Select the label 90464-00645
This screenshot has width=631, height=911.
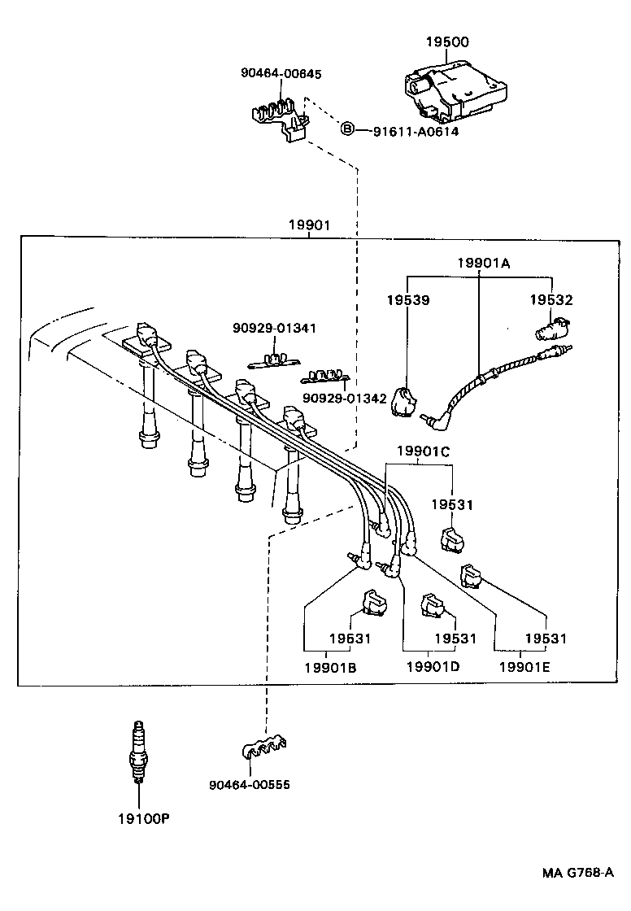click(x=281, y=74)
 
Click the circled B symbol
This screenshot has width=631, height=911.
click(x=346, y=129)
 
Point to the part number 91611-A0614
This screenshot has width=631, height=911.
click(x=416, y=130)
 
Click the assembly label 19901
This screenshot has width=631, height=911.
click(x=309, y=224)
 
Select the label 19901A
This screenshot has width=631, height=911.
click(x=483, y=262)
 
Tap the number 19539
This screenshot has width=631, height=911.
click(x=408, y=300)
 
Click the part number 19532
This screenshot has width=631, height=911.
click(x=551, y=300)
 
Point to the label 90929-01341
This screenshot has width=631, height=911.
click(x=274, y=328)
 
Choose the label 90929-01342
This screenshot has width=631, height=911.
click(x=345, y=399)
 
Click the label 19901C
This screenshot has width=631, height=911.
click(x=423, y=451)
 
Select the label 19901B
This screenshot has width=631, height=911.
click(x=330, y=667)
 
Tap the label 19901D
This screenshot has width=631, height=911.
click(x=433, y=667)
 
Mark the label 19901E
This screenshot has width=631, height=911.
click(x=524, y=667)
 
